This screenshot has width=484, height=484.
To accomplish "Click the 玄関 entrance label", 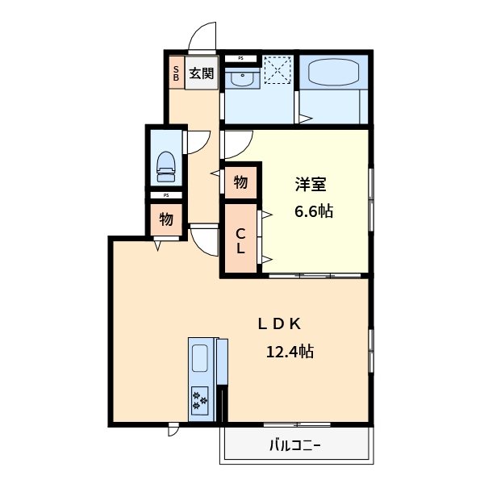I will (202, 73).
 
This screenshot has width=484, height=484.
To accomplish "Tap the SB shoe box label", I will (175, 73).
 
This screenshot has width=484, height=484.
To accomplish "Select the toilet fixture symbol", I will (166, 162).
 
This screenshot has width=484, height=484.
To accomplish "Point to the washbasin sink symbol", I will (240, 78).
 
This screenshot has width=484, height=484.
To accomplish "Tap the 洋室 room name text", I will (310, 185).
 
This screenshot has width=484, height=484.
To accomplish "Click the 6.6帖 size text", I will (311, 211).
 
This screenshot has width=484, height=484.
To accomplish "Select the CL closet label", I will (240, 241).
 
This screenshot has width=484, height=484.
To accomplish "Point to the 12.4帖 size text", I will (290, 352).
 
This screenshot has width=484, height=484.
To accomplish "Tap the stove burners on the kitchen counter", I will (199, 398).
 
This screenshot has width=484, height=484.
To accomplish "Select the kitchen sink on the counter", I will (199, 357).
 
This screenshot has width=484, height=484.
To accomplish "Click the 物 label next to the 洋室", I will (240, 182).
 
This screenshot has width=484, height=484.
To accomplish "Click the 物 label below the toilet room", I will (165, 219).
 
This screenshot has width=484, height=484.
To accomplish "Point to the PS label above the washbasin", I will (240, 58).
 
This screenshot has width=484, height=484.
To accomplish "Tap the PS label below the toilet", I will (166, 194).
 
